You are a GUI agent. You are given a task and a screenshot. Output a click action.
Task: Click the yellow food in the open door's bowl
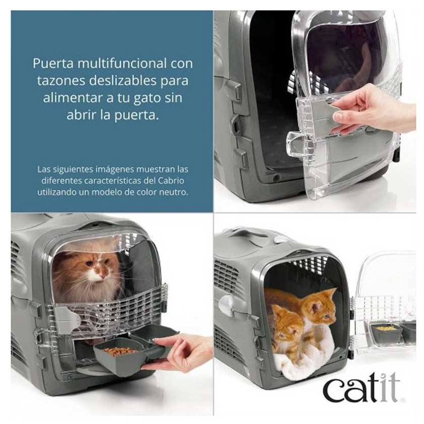[x=386, y=328]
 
